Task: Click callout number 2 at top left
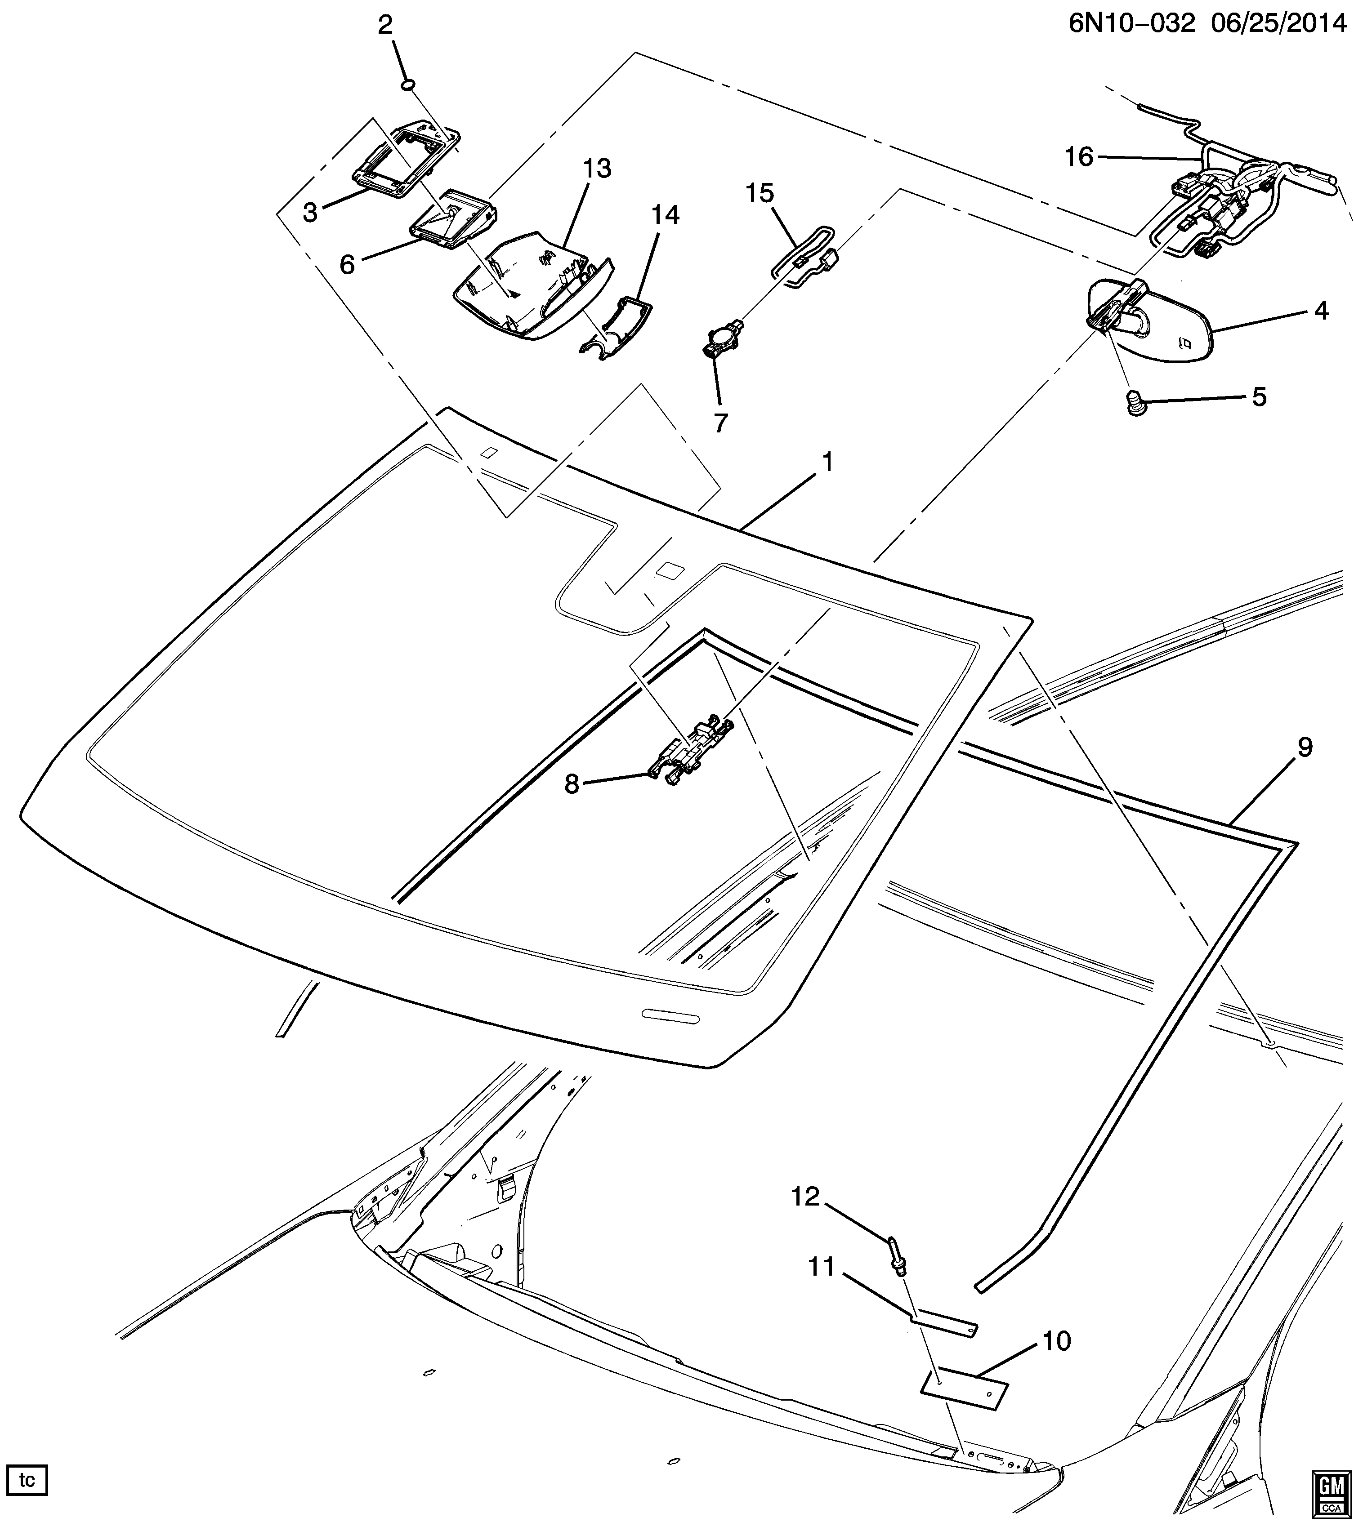[384, 26]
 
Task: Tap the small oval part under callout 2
[408, 86]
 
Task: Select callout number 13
[597, 169]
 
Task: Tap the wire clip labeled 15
[804, 257]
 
